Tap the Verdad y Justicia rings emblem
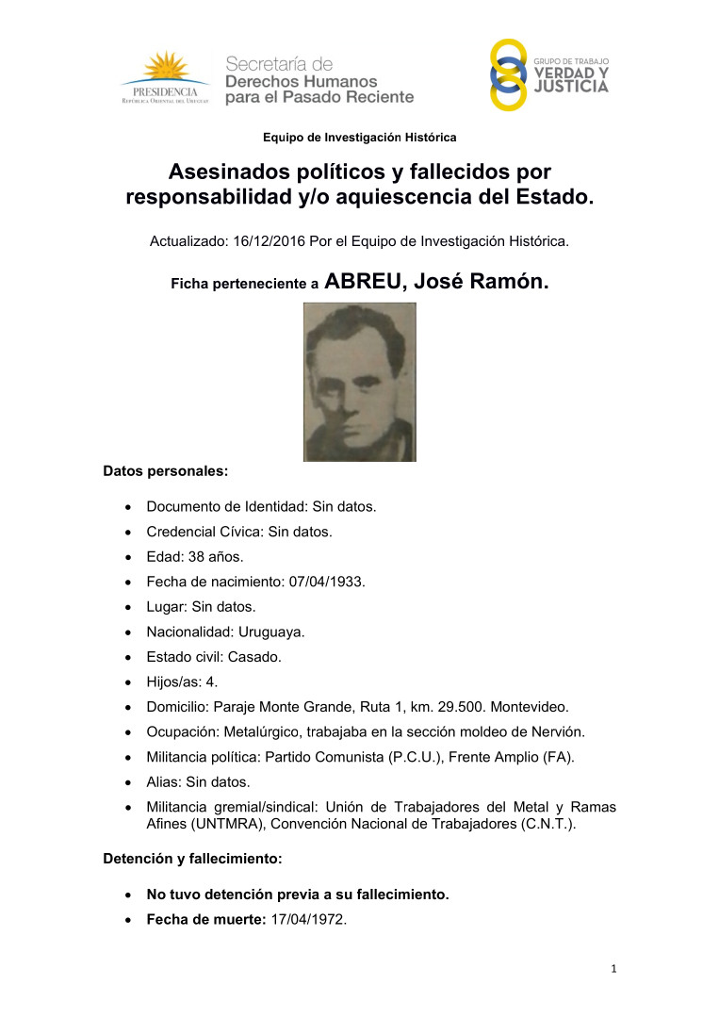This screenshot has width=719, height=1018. tap(509, 75)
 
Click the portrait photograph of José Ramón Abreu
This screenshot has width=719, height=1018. tap(359, 382)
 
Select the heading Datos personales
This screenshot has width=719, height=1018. tap(166, 468)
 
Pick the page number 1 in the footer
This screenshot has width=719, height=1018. tap(613, 968)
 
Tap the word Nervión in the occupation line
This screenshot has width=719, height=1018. tap(545, 731)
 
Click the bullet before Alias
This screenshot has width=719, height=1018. tap(128, 782)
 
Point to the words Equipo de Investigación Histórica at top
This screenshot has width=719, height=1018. tap(359, 138)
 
